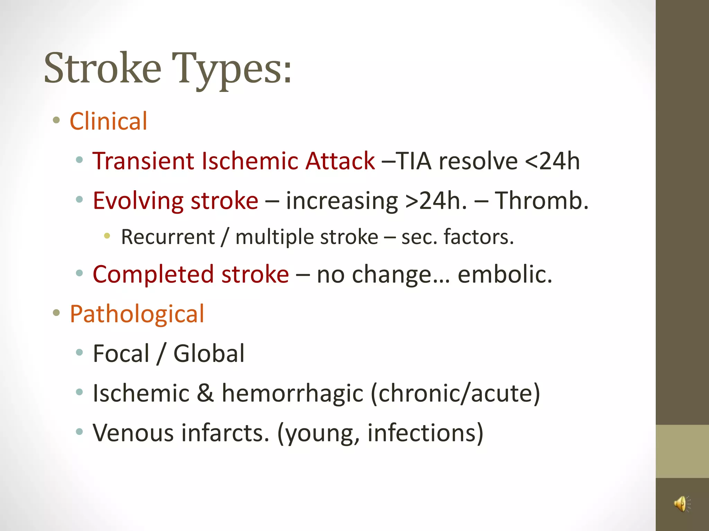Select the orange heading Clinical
point(109,121)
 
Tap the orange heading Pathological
point(137,314)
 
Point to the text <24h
point(552,161)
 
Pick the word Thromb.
point(541,201)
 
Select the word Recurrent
point(168,237)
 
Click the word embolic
point(505,274)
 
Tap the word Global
point(209,354)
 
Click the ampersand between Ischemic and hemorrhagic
point(205,393)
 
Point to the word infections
point(425,433)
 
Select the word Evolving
point(138,201)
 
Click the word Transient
point(143,161)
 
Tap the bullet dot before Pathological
point(56,313)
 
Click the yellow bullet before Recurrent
point(107,236)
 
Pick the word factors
point(479,237)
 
